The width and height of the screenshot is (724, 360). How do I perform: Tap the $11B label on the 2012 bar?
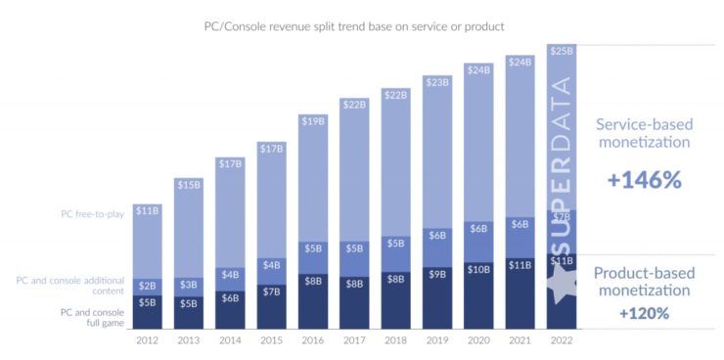click(x=147, y=209)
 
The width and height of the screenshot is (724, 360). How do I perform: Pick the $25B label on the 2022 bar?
click(x=562, y=51)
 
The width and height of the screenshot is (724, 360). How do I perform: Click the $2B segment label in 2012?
click(x=147, y=287)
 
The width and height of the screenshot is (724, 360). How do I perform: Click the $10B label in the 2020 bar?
click(x=478, y=269)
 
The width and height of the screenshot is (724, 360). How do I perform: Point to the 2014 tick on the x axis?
click(x=230, y=339)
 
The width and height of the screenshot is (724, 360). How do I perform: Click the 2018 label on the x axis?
click(x=395, y=339)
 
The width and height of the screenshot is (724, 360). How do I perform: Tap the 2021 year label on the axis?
click(x=520, y=339)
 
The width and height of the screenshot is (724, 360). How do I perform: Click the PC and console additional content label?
click(x=70, y=285)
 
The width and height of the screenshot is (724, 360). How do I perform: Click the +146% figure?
click(x=644, y=181)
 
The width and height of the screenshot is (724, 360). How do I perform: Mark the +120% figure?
click(x=644, y=313)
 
